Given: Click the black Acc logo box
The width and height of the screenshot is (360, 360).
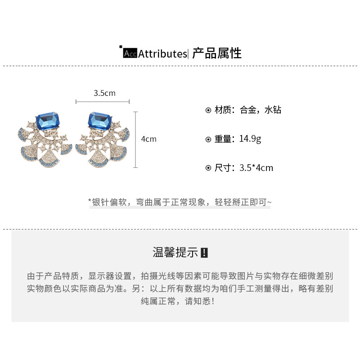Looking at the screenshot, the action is click(130, 54).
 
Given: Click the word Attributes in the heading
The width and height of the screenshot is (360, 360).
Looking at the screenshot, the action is click(162, 54).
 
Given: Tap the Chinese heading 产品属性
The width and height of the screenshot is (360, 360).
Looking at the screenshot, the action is click(217, 54).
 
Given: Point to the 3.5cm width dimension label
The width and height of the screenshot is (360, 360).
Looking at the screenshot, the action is click(104, 93).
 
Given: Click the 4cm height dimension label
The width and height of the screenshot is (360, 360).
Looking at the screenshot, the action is click(148, 139).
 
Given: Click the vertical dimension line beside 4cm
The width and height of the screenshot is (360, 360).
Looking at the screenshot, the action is click(135, 139).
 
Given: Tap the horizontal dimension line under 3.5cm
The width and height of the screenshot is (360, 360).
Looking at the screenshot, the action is click(103, 102).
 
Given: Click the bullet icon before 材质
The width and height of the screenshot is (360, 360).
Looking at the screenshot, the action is click(208, 110).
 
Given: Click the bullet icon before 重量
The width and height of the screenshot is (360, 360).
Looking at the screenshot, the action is click(208, 139).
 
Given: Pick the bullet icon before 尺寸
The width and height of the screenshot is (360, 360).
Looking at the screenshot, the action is click(208, 168).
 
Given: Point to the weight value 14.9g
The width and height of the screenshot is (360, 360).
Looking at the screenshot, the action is click(250, 139).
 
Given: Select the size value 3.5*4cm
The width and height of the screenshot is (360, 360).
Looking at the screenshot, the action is click(256, 168).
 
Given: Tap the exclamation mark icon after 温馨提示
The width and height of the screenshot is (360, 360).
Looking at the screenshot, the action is click(204, 252).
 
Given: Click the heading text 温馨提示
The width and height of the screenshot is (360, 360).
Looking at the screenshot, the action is click(175, 252).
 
